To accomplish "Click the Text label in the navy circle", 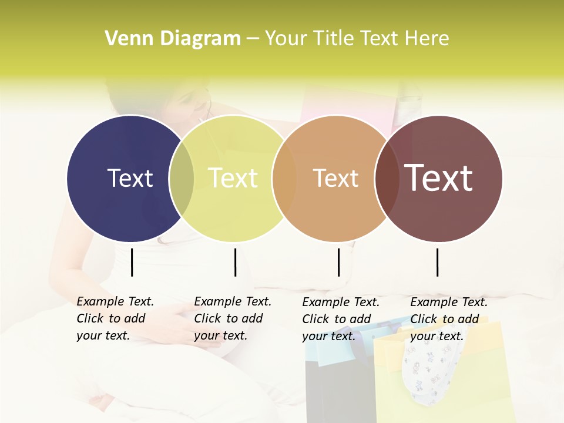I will (130, 178).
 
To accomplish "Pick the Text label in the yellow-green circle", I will (233, 178).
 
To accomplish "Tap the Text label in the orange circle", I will (335, 178).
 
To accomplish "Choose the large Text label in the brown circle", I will (439, 178).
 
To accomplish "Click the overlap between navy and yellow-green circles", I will (182, 178).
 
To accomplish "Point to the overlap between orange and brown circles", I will (386, 178).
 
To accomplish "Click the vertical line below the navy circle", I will (132, 262).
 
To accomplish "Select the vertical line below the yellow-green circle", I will (235, 262).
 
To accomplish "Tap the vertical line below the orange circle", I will (339, 262).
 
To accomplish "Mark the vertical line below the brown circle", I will (438, 262).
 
